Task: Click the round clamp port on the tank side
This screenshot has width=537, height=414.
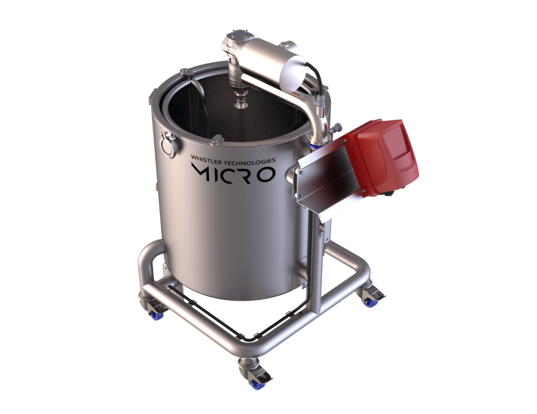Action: click(169, 145)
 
